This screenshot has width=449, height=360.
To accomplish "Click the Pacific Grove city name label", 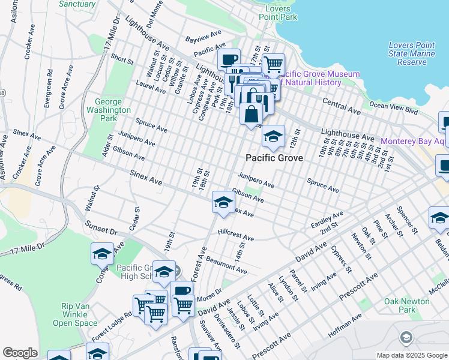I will [x=274, y=158].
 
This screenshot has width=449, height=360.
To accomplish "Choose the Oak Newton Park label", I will [x=400, y=305].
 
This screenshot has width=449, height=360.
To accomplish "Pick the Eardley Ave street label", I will [x=327, y=219].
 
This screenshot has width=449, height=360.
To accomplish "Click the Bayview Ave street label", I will [x=203, y=36].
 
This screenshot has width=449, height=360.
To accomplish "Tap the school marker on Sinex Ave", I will [x=223, y=203].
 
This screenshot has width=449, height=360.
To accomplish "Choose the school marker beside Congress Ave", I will [x=102, y=254].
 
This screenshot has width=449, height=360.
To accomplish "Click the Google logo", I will [x=20, y=353].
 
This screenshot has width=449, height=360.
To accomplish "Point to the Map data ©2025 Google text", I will [x=411, y=355].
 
